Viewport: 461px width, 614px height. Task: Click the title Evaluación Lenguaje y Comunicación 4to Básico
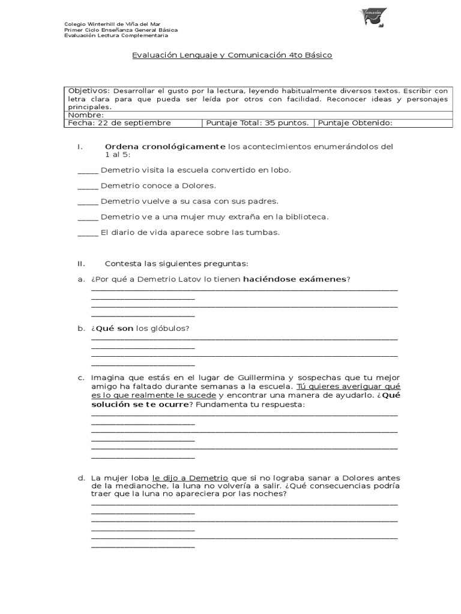[x=232, y=55]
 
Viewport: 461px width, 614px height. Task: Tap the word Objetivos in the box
[x=89, y=90]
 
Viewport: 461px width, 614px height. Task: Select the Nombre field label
[x=86, y=115]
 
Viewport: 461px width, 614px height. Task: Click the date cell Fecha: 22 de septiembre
[x=119, y=123]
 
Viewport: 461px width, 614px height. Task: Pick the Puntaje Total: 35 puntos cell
[x=258, y=123]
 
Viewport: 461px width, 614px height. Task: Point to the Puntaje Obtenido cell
[x=355, y=123]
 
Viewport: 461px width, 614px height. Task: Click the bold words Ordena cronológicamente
[x=165, y=147]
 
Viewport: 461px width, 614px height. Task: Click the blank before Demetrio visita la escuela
[x=88, y=170]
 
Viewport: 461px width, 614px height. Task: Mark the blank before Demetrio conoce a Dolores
[x=88, y=186]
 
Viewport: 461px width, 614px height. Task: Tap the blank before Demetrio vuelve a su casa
[x=88, y=201]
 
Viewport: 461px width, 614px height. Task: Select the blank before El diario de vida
[x=88, y=233]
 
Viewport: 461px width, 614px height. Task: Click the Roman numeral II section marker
[x=82, y=264]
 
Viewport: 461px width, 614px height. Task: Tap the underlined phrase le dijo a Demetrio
[x=190, y=477]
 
